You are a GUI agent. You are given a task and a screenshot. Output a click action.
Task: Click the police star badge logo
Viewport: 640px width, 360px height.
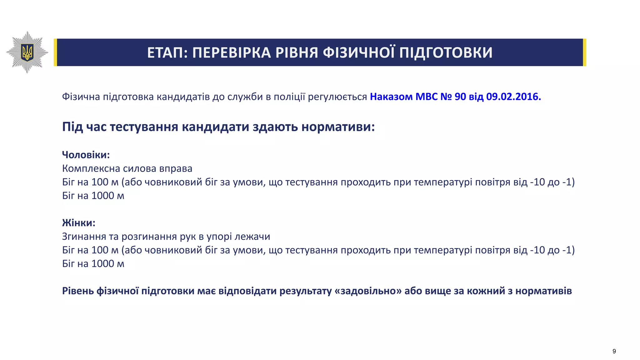click(27, 52)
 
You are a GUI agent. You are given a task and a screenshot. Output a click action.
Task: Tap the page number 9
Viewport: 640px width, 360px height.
click(614, 351)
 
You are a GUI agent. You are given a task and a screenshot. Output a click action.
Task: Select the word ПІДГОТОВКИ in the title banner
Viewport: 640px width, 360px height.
click(446, 52)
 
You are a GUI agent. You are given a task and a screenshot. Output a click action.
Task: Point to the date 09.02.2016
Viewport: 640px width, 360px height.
click(513, 97)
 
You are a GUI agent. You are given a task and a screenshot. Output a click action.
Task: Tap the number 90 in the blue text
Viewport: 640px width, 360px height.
click(460, 97)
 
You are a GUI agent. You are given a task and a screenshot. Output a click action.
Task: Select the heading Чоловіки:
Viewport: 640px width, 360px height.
click(86, 155)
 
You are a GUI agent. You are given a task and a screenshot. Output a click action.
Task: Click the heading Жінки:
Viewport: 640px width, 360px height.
click(78, 223)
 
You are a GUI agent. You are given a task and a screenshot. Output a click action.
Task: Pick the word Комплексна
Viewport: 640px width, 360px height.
click(91, 168)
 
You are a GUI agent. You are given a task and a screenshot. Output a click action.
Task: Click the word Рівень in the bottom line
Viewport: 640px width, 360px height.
click(78, 291)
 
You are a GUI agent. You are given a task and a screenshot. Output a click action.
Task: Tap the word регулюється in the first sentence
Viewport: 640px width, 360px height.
click(337, 97)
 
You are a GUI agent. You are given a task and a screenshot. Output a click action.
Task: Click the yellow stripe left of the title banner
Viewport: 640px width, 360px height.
click(55, 52)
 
